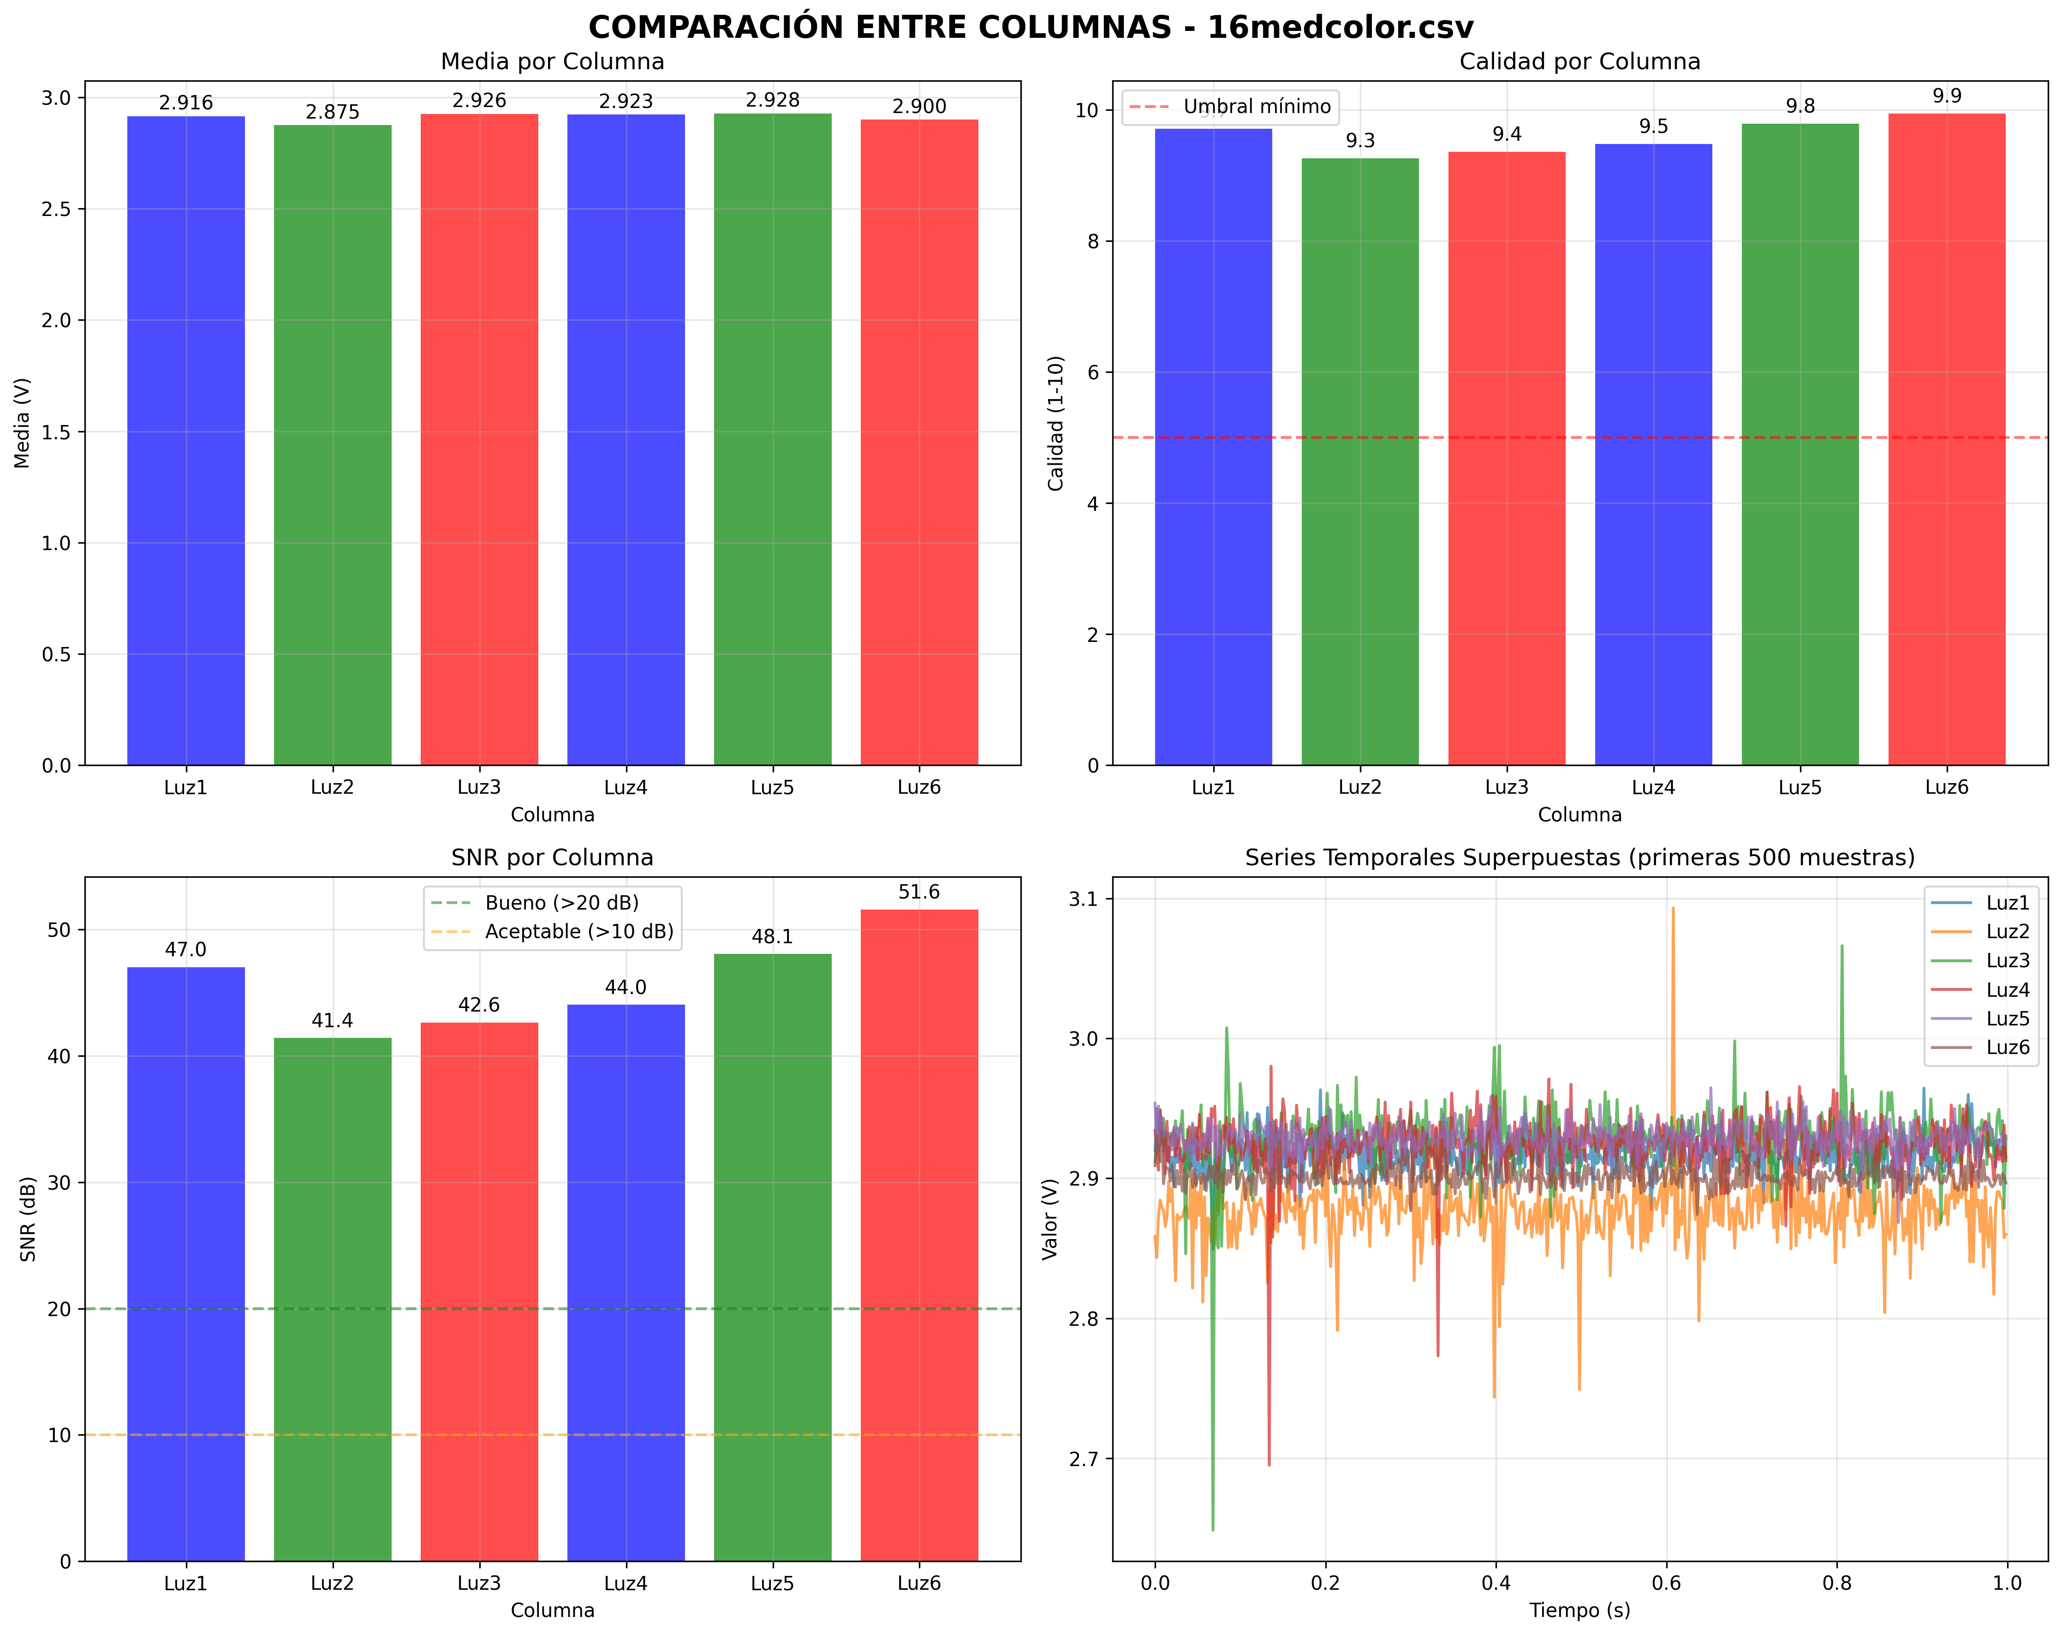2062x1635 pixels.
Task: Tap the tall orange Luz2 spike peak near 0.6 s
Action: coord(1673,909)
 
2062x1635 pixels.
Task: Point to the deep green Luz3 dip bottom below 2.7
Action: coord(1213,1529)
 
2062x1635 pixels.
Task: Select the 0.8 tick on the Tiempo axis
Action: coord(1836,1583)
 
